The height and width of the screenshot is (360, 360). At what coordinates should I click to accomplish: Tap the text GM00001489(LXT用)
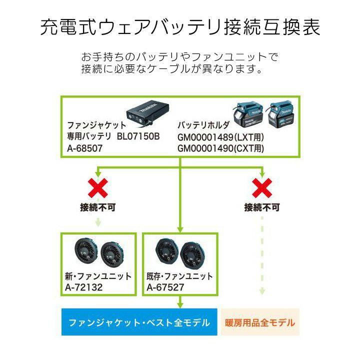pos(220,137)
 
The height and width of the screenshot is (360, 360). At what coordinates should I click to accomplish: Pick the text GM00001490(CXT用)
pos(220,148)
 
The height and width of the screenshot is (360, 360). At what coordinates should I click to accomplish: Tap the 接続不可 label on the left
pos(98,207)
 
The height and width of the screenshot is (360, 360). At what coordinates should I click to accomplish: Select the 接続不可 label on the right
pos(261,207)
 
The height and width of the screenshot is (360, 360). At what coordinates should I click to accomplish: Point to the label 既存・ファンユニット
pos(179,276)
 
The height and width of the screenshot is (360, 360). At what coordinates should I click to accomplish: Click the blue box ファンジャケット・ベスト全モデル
pos(139,322)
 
